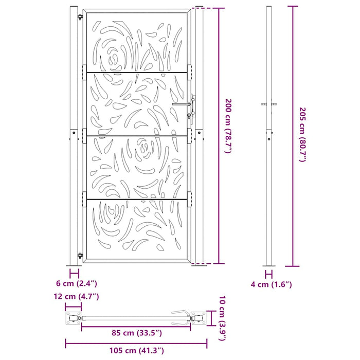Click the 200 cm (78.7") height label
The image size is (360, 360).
tap(229, 126)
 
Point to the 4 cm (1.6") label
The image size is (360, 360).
tap(272, 284)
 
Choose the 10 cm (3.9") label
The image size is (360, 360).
tap(221, 318)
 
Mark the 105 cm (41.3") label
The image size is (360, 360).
tap(136, 351)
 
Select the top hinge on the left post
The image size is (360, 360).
tap(80, 19)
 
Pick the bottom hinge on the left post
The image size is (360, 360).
tap(80, 255)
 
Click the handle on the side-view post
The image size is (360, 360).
tap(268, 104)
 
